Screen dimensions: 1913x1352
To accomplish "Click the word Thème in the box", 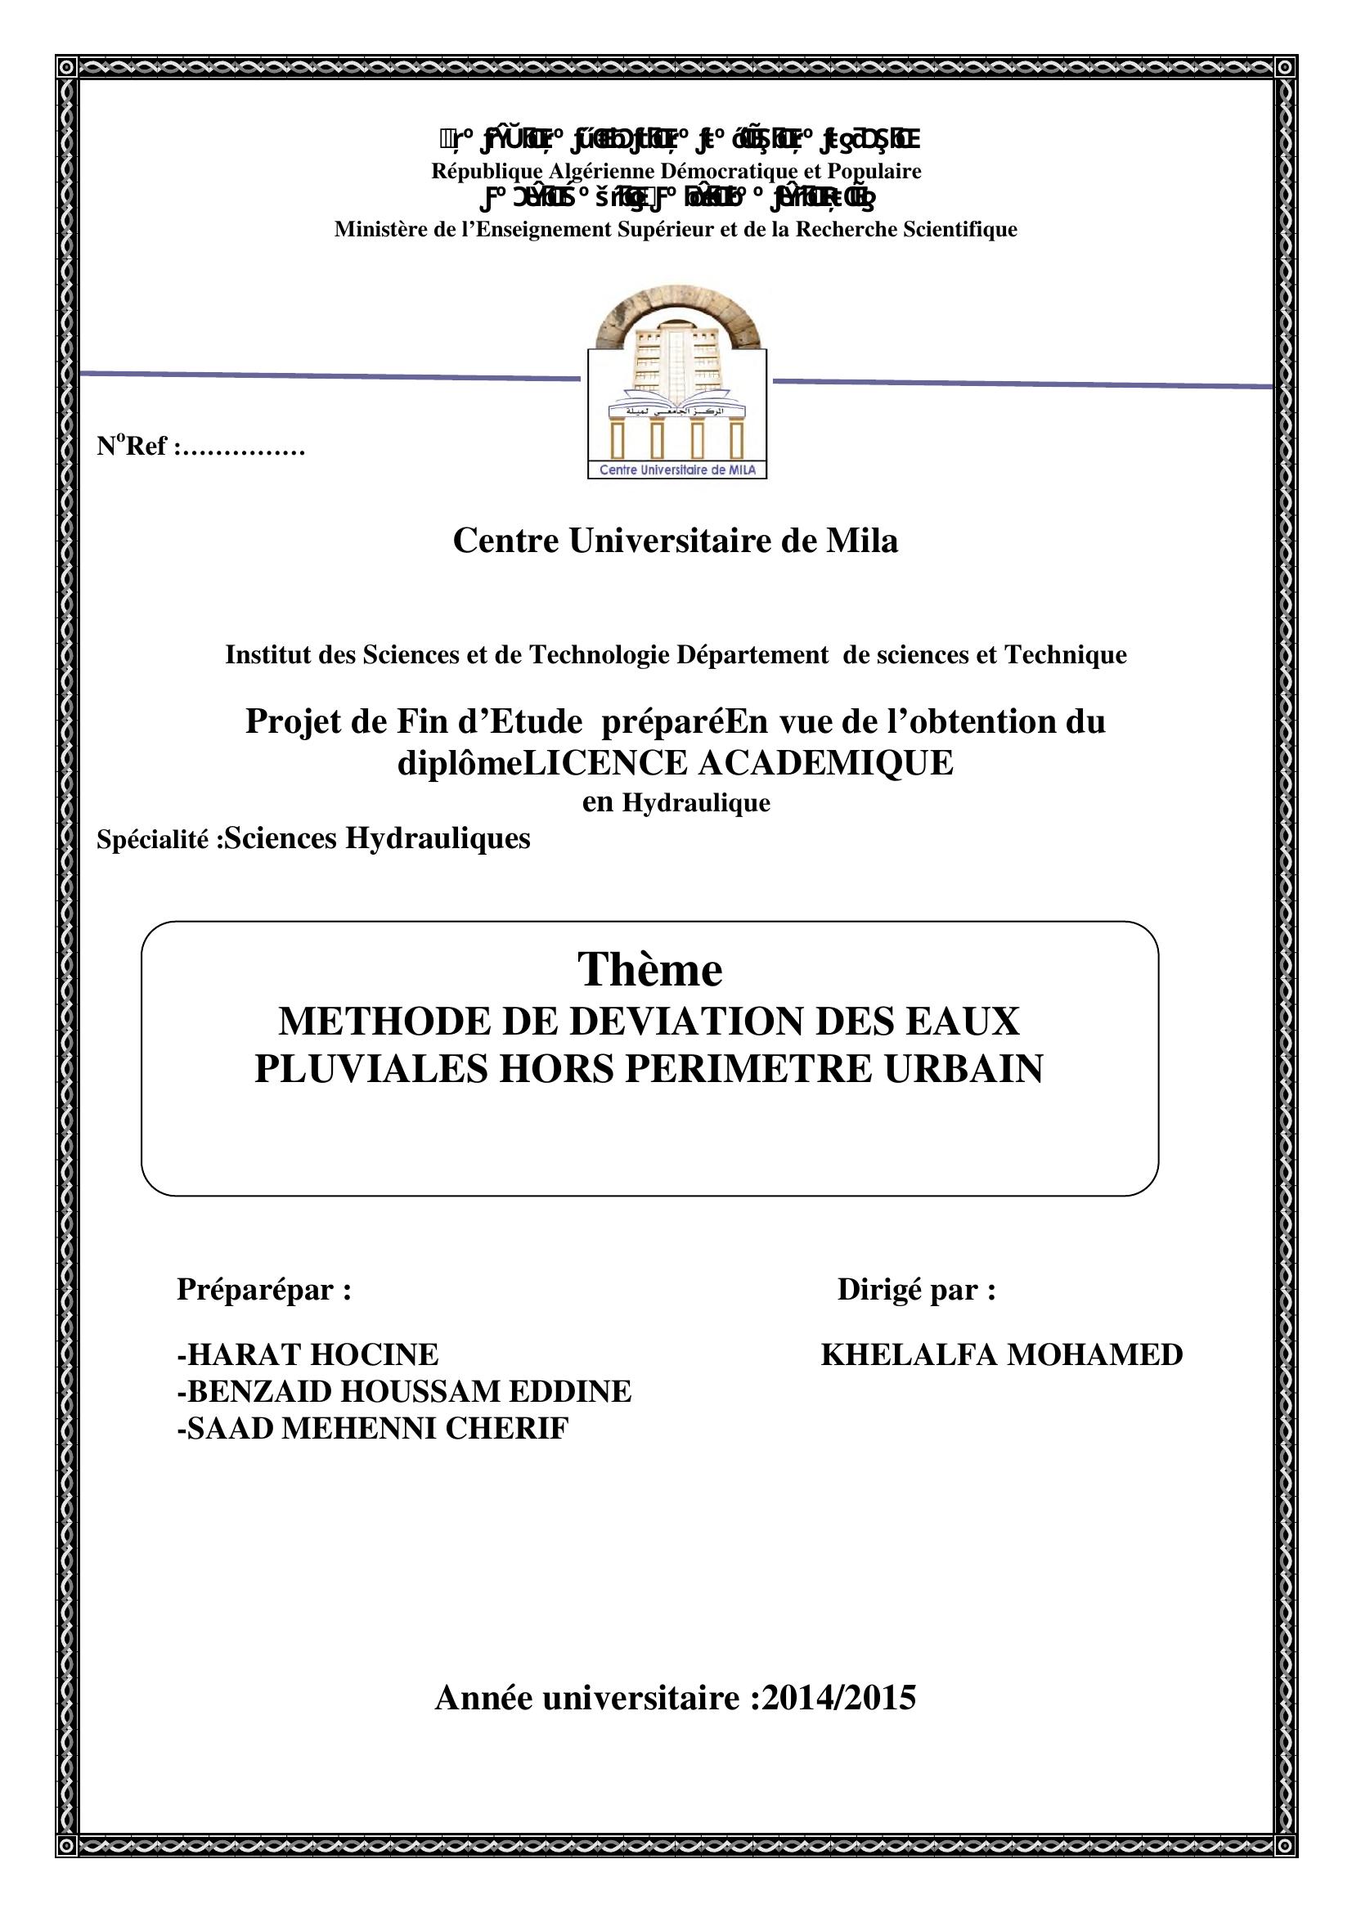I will pyautogui.click(x=649, y=970).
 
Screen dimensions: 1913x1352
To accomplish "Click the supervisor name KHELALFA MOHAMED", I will pyautogui.click(x=1001, y=1354).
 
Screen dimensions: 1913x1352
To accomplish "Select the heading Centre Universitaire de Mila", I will pyautogui.click(x=675, y=541).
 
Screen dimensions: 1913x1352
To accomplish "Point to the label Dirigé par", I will pyautogui.click(x=915, y=1290).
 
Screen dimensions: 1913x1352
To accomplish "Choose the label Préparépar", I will pyautogui.click(x=263, y=1290).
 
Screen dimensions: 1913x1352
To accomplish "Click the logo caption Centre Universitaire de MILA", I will pyautogui.click(x=677, y=471).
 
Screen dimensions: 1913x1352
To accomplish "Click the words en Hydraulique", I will pyautogui.click(x=676, y=803).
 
